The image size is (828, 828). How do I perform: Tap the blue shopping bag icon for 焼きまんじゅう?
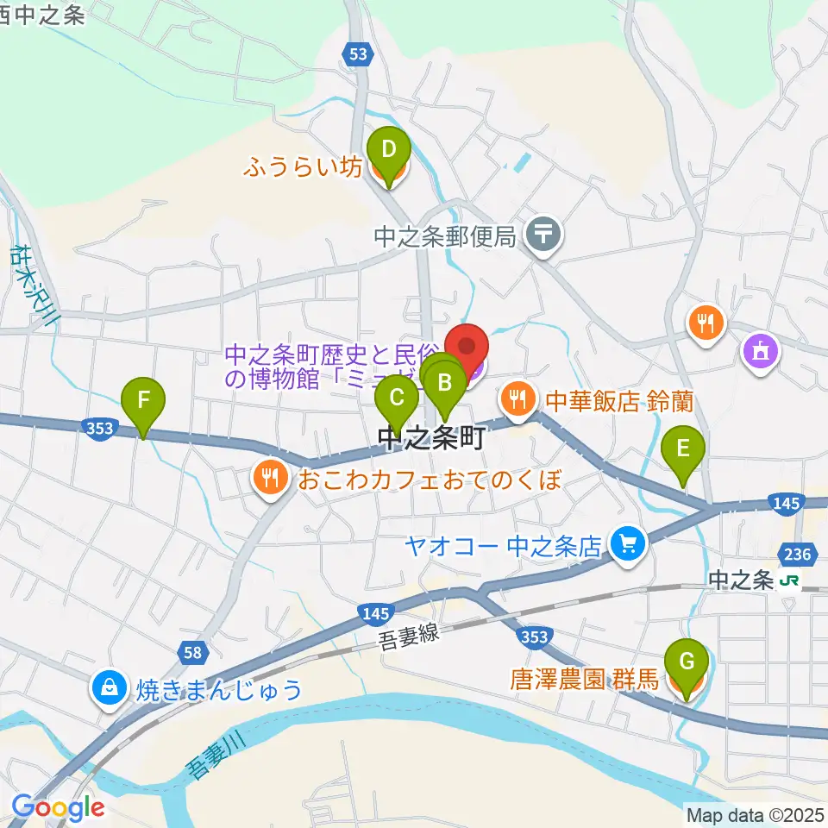pos(110,687)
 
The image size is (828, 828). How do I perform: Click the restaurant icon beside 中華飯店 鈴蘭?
pos(517,398)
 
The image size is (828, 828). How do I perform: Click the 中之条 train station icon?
pos(787,582)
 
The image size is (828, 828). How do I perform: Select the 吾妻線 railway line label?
pos(409,637)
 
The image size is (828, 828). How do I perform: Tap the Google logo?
pos(58,807)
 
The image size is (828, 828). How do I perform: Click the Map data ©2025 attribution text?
pos(755,813)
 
